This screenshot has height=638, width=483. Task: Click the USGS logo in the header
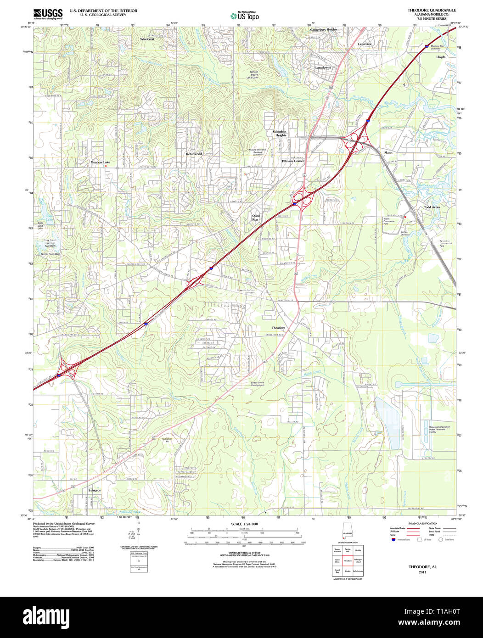[x=48, y=14]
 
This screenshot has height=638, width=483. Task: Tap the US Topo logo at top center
[x=244, y=16]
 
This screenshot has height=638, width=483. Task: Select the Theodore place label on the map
[x=278, y=328]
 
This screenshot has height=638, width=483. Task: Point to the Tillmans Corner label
[x=292, y=161]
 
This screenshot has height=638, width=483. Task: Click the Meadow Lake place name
[x=100, y=162]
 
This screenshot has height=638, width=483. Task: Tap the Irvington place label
[x=95, y=490]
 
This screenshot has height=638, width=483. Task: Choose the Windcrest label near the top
[x=147, y=39]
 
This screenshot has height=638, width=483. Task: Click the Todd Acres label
[x=432, y=207]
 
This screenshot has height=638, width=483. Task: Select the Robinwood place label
[x=194, y=154]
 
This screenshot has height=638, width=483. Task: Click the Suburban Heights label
[x=281, y=133]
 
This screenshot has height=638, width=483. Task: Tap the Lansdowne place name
[x=323, y=67]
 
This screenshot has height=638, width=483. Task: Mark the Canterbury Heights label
[x=323, y=29]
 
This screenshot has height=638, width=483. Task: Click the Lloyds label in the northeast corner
[x=441, y=57]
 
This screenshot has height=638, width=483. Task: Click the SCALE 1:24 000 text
[x=244, y=524]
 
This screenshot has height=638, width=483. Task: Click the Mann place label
[x=388, y=152]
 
